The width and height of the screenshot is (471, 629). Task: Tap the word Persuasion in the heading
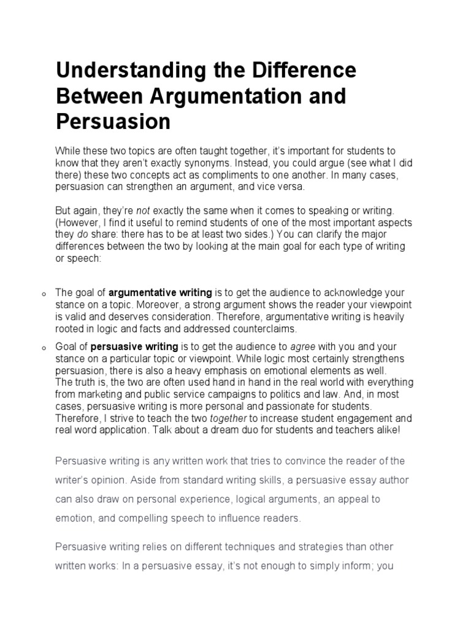coord(113,122)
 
